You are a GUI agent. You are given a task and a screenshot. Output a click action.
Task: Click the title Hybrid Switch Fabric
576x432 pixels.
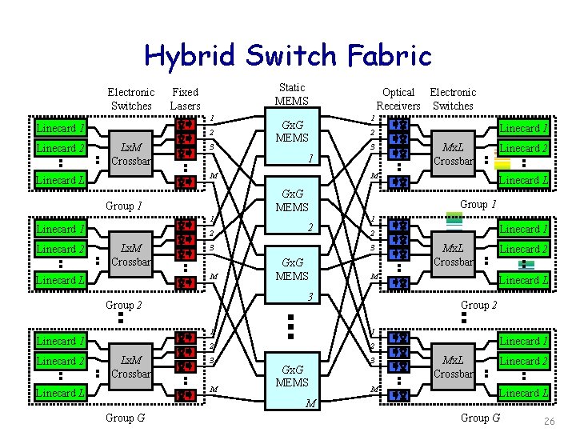coord(287,55)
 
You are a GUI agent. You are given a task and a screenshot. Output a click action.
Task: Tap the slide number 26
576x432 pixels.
coord(549,422)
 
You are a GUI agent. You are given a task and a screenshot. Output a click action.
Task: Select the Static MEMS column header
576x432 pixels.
coord(291,94)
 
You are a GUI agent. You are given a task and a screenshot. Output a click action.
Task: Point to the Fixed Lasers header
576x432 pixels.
coord(185,99)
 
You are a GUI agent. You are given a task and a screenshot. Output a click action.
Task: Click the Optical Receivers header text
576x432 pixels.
coord(398,99)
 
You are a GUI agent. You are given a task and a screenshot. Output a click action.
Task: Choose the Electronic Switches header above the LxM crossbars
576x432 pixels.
coord(131,99)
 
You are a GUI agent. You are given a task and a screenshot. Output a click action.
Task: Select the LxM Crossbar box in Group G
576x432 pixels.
coord(130,367)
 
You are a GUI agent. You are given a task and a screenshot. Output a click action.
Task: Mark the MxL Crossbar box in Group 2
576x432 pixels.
coord(454,255)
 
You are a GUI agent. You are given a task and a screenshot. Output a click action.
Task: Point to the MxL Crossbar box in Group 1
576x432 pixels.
coord(454,154)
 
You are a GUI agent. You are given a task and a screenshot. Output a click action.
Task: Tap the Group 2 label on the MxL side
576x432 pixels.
coord(481,306)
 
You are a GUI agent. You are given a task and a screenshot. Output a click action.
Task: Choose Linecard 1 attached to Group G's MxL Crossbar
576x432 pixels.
coord(524,341)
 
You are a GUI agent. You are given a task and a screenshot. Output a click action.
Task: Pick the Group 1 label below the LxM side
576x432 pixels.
coord(124,206)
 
